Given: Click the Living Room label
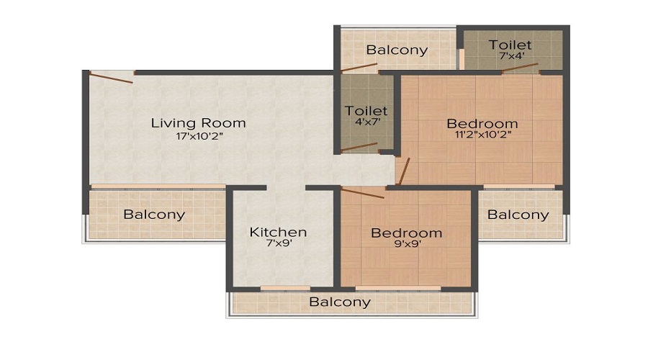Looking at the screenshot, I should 198,122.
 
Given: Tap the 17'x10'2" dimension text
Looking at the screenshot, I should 198,137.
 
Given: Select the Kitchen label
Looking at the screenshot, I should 278,232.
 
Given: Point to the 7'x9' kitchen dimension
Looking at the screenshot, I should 278,244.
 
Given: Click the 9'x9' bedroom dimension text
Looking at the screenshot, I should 406,245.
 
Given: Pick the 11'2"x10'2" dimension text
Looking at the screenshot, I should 482,135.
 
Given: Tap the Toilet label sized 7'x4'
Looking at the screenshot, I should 510,45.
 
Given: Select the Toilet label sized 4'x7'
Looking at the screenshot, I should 366,111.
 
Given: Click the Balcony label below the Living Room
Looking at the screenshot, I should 154,215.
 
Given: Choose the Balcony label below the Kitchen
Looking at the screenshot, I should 340,302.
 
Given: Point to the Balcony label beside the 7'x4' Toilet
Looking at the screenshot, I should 397,50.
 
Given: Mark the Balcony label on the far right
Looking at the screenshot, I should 518,215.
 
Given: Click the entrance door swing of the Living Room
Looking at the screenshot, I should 112,78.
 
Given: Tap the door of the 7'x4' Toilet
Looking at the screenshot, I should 520,68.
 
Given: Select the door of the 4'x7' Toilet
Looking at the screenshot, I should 359,148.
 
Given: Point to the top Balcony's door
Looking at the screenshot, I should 359,68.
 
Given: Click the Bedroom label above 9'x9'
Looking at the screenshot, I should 406,233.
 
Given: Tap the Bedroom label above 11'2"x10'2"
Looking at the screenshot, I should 482,123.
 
